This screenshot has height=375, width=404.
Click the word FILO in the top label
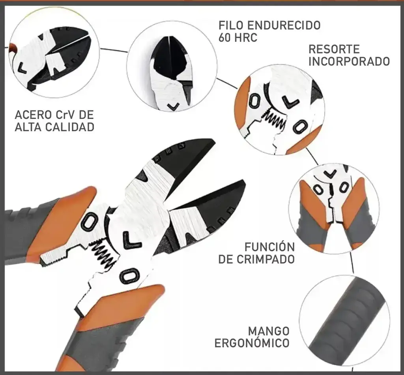[231, 25]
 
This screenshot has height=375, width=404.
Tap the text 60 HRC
[238, 38]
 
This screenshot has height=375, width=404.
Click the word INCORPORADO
[349, 62]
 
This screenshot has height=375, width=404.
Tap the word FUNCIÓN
[269, 247]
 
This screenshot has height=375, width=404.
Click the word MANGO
[269, 331]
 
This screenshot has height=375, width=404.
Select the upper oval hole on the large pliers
[89, 222]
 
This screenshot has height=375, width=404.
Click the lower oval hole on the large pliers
[129, 275]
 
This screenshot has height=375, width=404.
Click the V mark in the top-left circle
[22, 68]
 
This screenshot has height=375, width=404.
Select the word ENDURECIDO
[284, 25]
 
